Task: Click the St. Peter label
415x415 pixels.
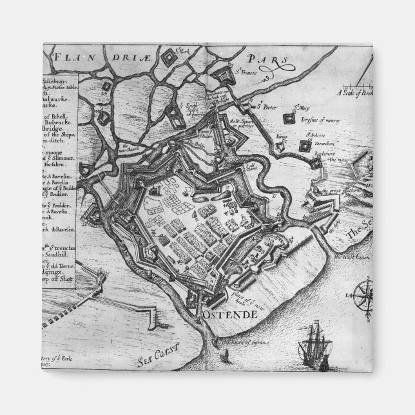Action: [266, 106]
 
